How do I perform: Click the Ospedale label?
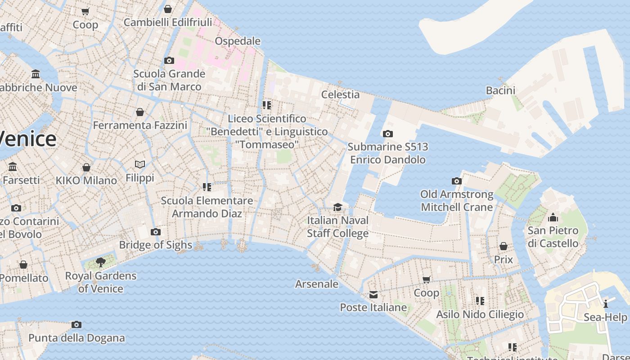pos(237,41)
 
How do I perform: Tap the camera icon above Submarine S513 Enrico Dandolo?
pos(387,134)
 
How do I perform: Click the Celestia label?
pos(340,94)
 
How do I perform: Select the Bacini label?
pos(500,90)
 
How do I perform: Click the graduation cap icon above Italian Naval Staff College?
pos(337,207)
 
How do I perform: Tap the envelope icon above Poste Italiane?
pos(373,295)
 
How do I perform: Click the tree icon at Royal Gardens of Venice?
pos(101,262)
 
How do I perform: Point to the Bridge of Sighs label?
pos(155,245)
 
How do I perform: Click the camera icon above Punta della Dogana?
pos(76,324)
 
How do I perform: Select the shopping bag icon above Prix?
pos(504,246)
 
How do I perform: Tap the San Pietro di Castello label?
pos(553,237)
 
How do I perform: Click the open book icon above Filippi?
pos(140,165)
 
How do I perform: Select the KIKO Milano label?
pos(86,180)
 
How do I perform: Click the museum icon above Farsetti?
pos(13,167)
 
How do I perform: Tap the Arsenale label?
pos(316,284)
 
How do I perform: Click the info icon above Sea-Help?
pos(606,303)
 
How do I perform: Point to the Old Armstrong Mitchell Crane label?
pos(457,201)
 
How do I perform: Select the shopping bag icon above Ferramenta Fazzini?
pos(140,112)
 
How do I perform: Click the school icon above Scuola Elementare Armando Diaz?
pos(207,187)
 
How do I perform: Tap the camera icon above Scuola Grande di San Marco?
pos(169,60)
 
